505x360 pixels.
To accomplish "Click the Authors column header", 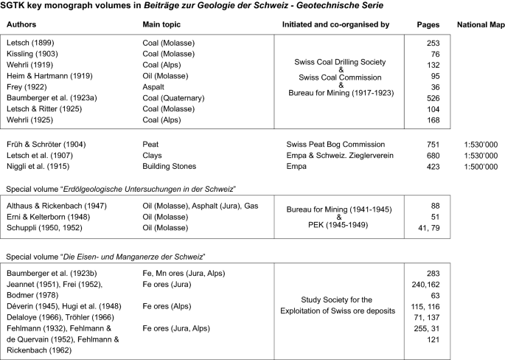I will (x=27, y=24).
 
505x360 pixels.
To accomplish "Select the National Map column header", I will (x=476, y=24).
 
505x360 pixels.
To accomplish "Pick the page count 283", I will (x=433, y=274).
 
